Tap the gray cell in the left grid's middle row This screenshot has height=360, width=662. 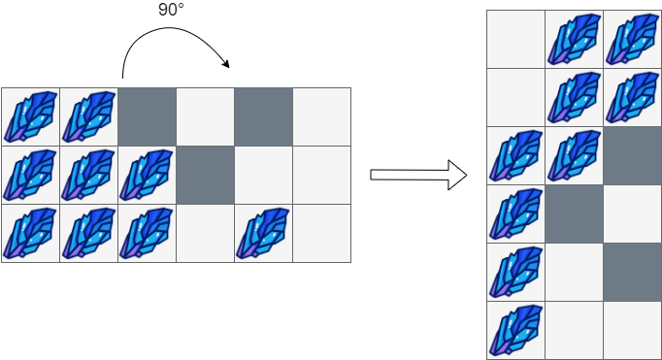click(205, 175)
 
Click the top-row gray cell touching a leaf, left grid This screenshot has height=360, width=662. click(147, 116)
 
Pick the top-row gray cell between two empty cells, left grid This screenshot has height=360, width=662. click(263, 116)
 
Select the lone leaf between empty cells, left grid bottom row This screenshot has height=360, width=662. click(263, 233)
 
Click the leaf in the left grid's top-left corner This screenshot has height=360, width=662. click(30, 116)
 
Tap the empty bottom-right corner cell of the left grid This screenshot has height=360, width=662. click(321, 233)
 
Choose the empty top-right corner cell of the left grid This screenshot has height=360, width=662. click(321, 116)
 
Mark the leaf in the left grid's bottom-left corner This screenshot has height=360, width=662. click(30, 233)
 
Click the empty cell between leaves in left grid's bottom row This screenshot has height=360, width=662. click(205, 233)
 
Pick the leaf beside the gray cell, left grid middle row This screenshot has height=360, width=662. click(147, 175)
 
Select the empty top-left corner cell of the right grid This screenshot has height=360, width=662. click(515, 39)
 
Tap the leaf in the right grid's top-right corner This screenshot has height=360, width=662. click(632, 39)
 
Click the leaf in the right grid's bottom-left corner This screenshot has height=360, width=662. click(515, 330)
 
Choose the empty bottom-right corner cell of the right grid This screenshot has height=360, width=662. click(632, 330)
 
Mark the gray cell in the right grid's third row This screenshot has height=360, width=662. click(632, 155)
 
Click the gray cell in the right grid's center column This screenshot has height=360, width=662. click(574, 213)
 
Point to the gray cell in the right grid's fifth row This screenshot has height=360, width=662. click(632, 272)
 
